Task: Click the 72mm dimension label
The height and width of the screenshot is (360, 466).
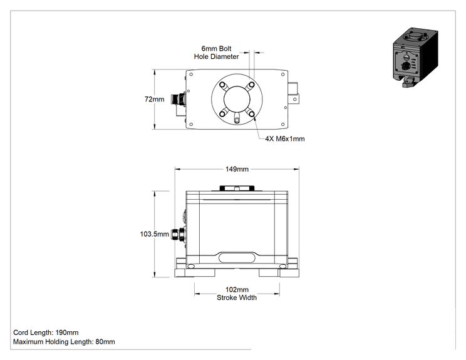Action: pos(154,99)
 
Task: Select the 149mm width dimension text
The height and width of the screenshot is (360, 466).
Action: pos(237,169)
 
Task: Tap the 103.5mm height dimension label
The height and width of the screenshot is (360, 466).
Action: pos(154,234)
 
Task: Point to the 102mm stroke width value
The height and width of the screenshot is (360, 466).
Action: pos(237,290)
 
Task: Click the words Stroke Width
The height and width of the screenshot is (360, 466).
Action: pos(237,297)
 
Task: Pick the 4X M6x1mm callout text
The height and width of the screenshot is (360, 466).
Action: pos(285,139)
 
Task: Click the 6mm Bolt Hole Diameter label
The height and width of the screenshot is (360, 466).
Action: pos(216,53)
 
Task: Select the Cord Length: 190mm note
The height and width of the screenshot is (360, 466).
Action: pos(46,332)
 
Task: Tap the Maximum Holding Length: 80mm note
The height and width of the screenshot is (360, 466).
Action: pos(64,342)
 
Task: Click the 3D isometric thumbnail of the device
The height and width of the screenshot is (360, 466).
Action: pos(415,58)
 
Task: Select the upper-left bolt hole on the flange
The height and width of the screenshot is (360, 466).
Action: pos(222,85)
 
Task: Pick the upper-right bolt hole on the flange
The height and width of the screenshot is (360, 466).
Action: pos(251,85)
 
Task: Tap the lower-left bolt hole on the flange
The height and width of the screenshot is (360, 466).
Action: pos(222,113)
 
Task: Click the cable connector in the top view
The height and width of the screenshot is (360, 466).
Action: pos(179,99)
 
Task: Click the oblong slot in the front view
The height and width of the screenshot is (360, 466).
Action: pos(237,257)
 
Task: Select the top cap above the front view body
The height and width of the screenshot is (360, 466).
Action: pos(237,188)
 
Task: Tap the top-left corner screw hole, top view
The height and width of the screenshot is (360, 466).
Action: pos(191,75)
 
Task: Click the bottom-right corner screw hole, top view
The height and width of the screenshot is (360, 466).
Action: pos(282,125)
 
